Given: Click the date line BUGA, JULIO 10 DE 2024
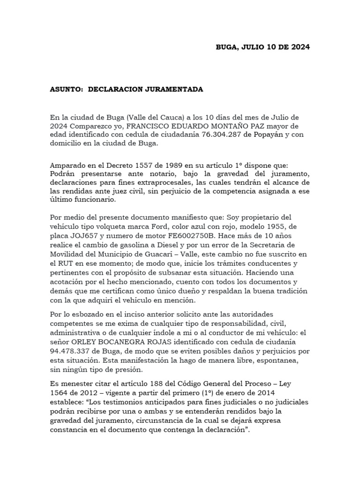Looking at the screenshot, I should (x=262, y=47).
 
